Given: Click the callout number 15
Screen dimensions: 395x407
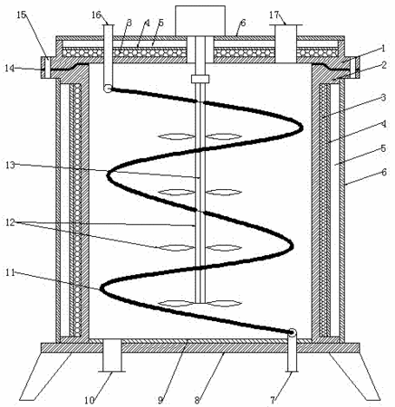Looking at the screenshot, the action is (x=22, y=15).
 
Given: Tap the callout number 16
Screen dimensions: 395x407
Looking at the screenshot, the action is (x=96, y=14).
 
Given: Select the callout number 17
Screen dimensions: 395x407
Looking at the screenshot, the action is (x=274, y=14).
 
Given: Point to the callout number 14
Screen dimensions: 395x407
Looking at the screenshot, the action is (x=10, y=68).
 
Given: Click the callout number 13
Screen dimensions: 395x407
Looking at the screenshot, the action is (x=11, y=165).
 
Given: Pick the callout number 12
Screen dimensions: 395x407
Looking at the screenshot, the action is (x=11, y=222).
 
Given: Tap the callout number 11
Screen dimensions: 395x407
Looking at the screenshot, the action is (x=11, y=272).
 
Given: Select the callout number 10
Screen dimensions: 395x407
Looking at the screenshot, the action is (x=90, y=401).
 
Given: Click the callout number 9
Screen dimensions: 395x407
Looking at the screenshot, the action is (x=160, y=401).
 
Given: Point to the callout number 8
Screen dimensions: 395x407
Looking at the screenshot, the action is (x=197, y=401).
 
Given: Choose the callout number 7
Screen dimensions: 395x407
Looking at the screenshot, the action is (x=273, y=401).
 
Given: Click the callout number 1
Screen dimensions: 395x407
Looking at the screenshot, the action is (x=383, y=48).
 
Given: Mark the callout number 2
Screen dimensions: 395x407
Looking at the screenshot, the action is (x=384, y=65).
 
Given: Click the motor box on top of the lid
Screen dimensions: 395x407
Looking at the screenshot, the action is (x=200, y=21).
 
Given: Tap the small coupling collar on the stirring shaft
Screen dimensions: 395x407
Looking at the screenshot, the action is (x=200, y=79).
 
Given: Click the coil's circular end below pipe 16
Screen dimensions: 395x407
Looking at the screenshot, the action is (x=108, y=89).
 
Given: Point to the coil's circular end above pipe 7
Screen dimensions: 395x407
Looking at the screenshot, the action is (x=292, y=333).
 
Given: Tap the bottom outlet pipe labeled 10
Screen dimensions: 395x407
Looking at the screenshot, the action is (x=112, y=355).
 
